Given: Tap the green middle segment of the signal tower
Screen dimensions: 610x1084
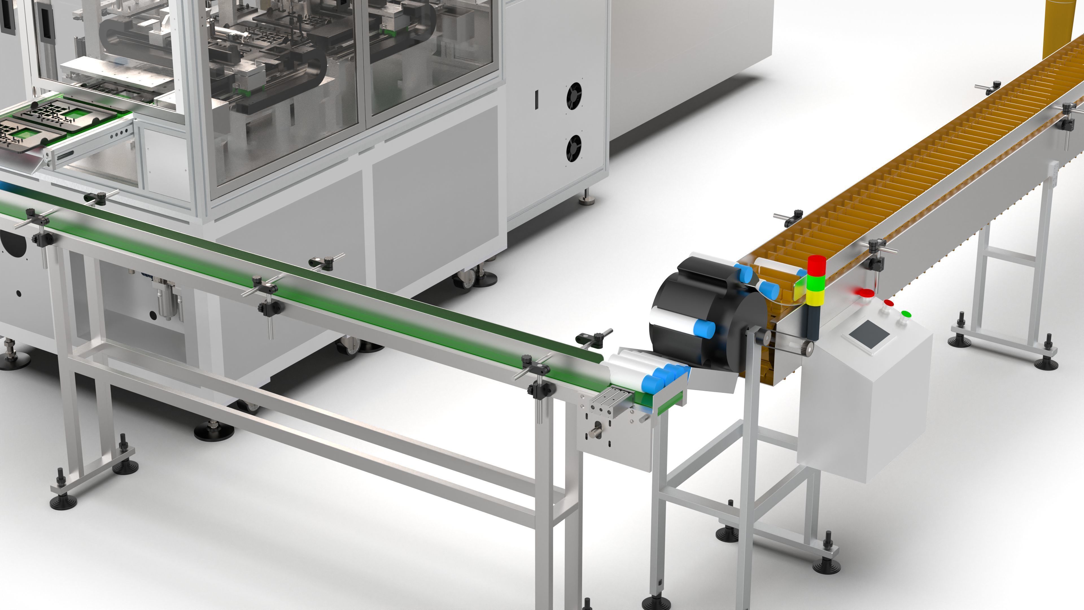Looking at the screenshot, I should pyautogui.click(x=816, y=283).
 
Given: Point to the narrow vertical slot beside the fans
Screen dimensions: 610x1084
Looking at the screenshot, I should pyautogui.click(x=537, y=100).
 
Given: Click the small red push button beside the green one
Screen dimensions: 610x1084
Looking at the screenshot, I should pyautogui.click(x=889, y=303).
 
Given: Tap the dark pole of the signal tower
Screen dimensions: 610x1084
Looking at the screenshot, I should pyautogui.click(x=812, y=322).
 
